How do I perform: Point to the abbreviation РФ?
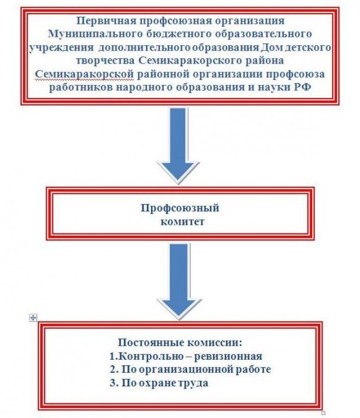point(303,86)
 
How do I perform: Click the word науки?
point(276,86)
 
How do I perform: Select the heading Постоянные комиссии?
point(179,343)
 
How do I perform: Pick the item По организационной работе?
point(189,370)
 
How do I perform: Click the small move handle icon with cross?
point(33,318)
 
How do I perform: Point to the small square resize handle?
point(324,413)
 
